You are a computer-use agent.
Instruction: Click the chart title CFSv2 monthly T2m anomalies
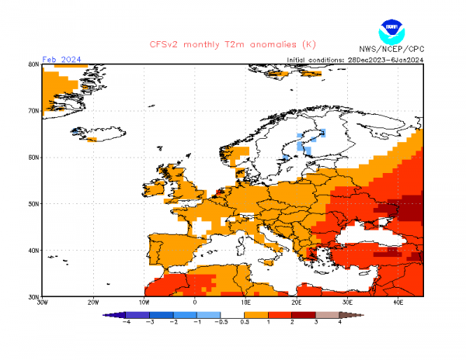[x=233, y=44]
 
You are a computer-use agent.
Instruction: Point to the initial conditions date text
[x=355, y=59]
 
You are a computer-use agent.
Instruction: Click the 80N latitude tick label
[x=33, y=64]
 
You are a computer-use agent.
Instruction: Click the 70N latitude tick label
[x=33, y=111]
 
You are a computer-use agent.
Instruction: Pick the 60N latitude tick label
[x=33, y=157]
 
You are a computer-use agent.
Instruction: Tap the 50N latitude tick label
[x=33, y=204]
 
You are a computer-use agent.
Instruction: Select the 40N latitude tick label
[x=33, y=251]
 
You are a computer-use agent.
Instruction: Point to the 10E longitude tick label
[x=246, y=303]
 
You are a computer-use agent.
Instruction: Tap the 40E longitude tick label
[x=398, y=303]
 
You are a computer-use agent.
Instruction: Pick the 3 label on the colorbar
[x=316, y=321]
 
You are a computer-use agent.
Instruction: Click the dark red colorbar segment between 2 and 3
[x=304, y=314]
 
